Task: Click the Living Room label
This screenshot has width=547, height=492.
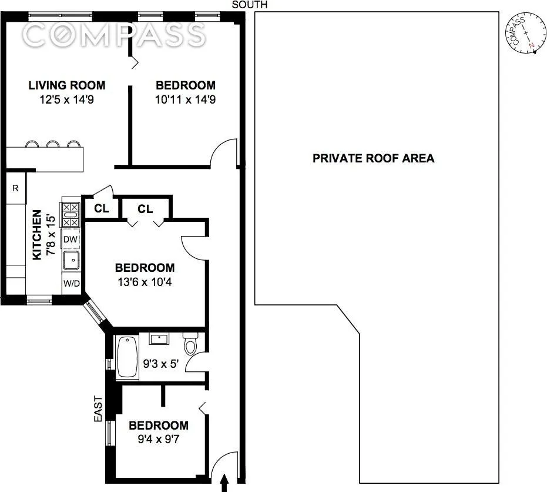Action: [x=67, y=85]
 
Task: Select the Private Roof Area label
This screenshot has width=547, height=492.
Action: [x=373, y=158]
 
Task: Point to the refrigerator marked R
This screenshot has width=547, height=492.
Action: [x=15, y=188]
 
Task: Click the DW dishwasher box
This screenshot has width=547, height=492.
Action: [x=70, y=240]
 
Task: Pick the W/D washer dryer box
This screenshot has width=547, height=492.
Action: [x=71, y=284]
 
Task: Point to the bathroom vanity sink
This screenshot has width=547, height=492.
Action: [x=159, y=338]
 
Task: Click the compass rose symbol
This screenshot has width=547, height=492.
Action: [x=523, y=34]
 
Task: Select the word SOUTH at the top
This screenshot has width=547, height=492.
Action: [x=250, y=5]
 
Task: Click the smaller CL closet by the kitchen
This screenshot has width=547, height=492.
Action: [x=102, y=208]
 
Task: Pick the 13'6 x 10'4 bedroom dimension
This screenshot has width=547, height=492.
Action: [x=145, y=281]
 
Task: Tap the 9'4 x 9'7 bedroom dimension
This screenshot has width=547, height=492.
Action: [x=159, y=438]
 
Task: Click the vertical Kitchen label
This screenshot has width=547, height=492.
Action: [x=37, y=235]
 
